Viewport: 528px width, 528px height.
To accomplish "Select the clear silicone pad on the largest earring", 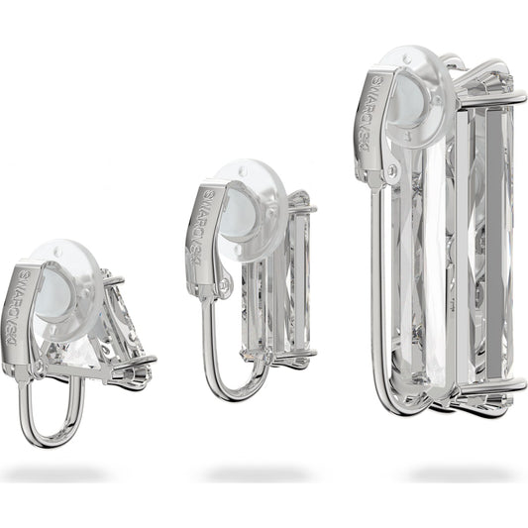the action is [x=418, y=98].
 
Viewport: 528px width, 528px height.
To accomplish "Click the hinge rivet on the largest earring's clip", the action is [x=391, y=171].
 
